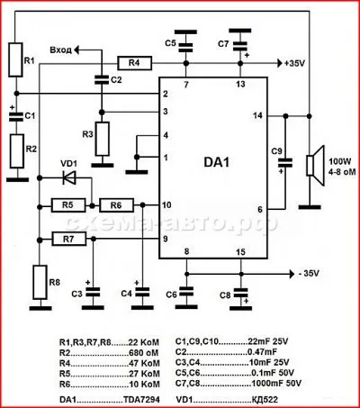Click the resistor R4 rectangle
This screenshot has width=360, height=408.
click(134, 63)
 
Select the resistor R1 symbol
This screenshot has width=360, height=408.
click(15, 59)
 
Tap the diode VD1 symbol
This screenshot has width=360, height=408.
click(69, 177)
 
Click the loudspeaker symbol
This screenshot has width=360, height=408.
click(315, 166)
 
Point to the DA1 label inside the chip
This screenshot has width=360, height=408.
click(217, 162)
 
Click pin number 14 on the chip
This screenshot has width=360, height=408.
click(257, 115)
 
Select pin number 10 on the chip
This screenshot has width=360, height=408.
click(166, 205)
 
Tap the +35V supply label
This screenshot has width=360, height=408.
click(294, 64)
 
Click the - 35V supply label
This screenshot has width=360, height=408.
click(309, 274)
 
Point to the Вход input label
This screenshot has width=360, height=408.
click(61, 50)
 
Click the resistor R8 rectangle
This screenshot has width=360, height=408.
click(40, 282)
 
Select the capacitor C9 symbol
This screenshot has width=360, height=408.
click(285, 163)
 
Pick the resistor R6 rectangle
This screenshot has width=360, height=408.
click(116, 205)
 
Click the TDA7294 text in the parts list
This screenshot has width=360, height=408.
click(141, 400)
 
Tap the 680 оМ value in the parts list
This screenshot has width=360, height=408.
click(143, 353)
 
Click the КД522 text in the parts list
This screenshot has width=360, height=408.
click(265, 400)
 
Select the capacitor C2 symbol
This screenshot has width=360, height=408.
click(102, 80)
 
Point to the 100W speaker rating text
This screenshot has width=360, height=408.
click(340, 161)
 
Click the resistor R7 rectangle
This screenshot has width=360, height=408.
click(69, 239)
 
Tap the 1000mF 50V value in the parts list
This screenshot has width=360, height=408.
click(276, 384)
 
